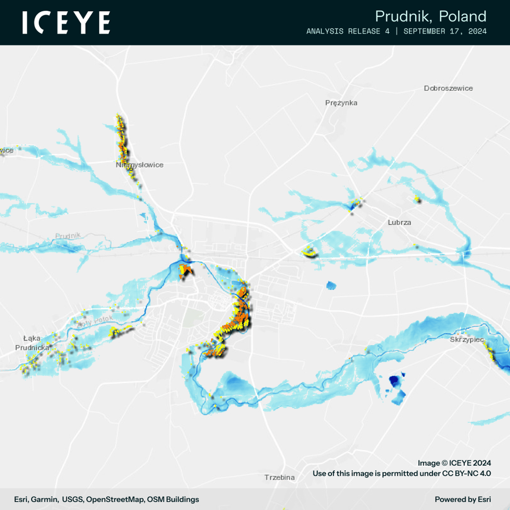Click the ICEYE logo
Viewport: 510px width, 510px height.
coord(66,23)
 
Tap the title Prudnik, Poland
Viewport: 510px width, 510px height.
coord(430,16)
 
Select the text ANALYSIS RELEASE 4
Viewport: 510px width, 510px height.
coord(348,32)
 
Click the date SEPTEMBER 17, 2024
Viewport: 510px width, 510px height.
coord(445,32)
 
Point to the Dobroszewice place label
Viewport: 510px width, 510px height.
coord(448,88)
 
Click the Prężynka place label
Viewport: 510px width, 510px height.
coord(341,103)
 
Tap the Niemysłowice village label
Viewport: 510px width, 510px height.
coord(139,165)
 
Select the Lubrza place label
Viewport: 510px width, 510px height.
coord(399,222)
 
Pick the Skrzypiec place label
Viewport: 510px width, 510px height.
coord(467,339)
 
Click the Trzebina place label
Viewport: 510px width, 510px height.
coord(279,477)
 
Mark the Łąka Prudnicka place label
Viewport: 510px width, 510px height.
coord(32,343)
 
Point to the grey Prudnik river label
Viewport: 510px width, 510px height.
coord(68,236)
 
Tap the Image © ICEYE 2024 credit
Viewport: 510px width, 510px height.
coord(454,463)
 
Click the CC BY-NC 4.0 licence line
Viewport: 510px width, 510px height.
coord(401,473)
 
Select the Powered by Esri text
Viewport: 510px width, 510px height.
coord(463,499)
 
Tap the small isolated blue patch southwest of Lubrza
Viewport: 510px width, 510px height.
coord(331,285)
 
